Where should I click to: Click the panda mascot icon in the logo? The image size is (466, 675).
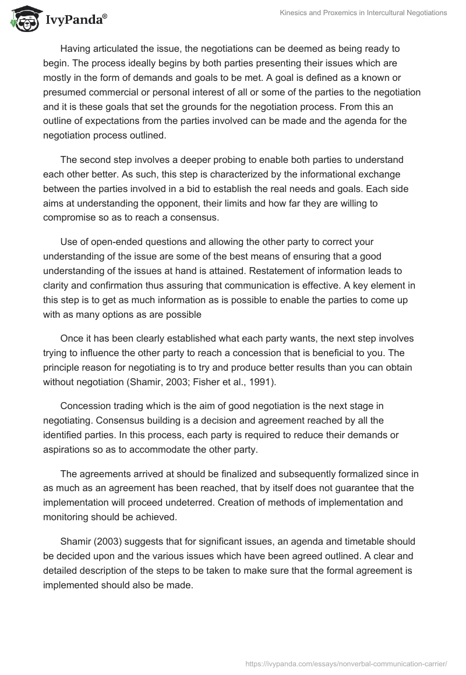point(23,20)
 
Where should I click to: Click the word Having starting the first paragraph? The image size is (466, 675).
point(77,48)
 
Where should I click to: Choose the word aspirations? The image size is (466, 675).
point(69,449)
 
